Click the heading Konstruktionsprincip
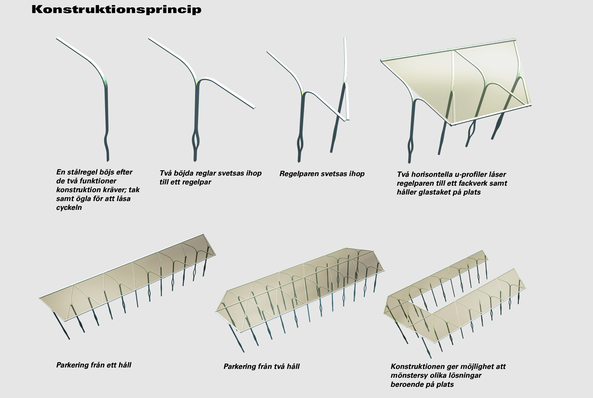point(116,9)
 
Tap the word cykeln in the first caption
point(69,208)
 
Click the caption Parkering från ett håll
point(94,365)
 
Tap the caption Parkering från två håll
point(262,366)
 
